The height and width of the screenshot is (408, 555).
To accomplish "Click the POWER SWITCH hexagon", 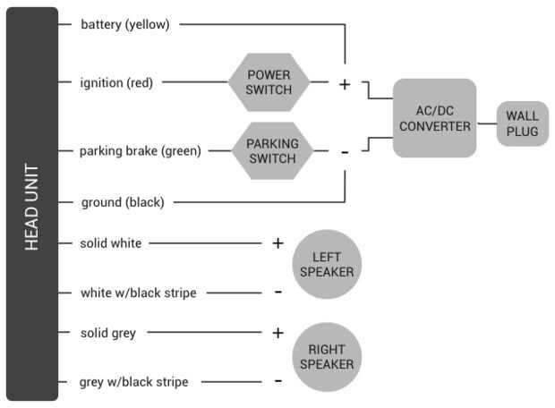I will tap(269, 82).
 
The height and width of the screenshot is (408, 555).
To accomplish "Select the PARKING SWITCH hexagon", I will tap(272, 150).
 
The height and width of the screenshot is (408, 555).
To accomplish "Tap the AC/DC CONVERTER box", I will tap(434, 118).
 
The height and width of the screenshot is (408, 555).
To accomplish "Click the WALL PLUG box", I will tap(522, 124).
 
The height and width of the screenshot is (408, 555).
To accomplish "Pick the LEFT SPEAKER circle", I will tap(327, 264).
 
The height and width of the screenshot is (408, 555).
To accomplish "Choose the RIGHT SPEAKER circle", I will tap(327, 356).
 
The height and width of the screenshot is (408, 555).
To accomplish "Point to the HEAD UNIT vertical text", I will tap(32, 205).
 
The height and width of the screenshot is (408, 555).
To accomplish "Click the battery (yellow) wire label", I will tap(124, 24).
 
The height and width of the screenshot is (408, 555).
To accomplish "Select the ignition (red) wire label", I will tap(116, 82).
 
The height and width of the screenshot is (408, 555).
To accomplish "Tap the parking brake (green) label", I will tap(141, 150).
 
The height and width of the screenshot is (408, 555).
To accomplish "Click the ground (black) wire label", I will tap(122, 202).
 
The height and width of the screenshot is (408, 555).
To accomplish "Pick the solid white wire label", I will tap(110, 242).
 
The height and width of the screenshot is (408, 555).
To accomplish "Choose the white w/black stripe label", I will tap(138, 293).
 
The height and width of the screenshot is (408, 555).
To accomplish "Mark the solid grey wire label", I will tap(107, 333).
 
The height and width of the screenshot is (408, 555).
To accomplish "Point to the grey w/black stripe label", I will tap(133, 382).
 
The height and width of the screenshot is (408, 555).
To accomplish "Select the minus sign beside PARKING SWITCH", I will tap(345, 152).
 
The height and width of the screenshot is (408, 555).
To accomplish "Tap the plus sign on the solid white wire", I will tap(277, 242).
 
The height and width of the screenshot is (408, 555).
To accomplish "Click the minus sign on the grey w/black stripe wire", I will tap(277, 381).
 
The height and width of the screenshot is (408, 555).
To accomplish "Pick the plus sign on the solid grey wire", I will tap(277, 333).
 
